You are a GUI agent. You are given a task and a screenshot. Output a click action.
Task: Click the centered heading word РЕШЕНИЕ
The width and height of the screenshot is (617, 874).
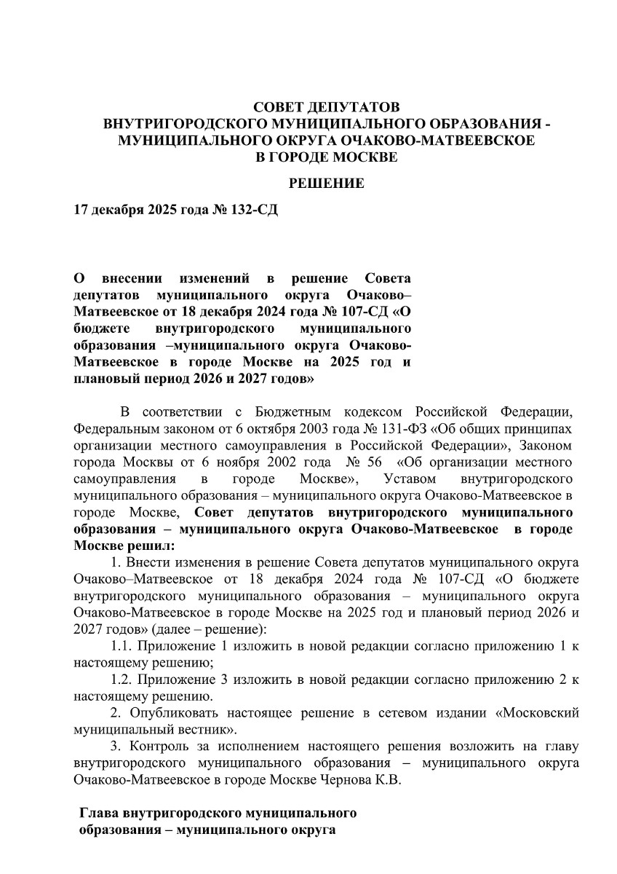click(327, 184)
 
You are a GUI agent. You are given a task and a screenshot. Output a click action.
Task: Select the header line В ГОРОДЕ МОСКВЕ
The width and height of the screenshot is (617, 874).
click(327, 156)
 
